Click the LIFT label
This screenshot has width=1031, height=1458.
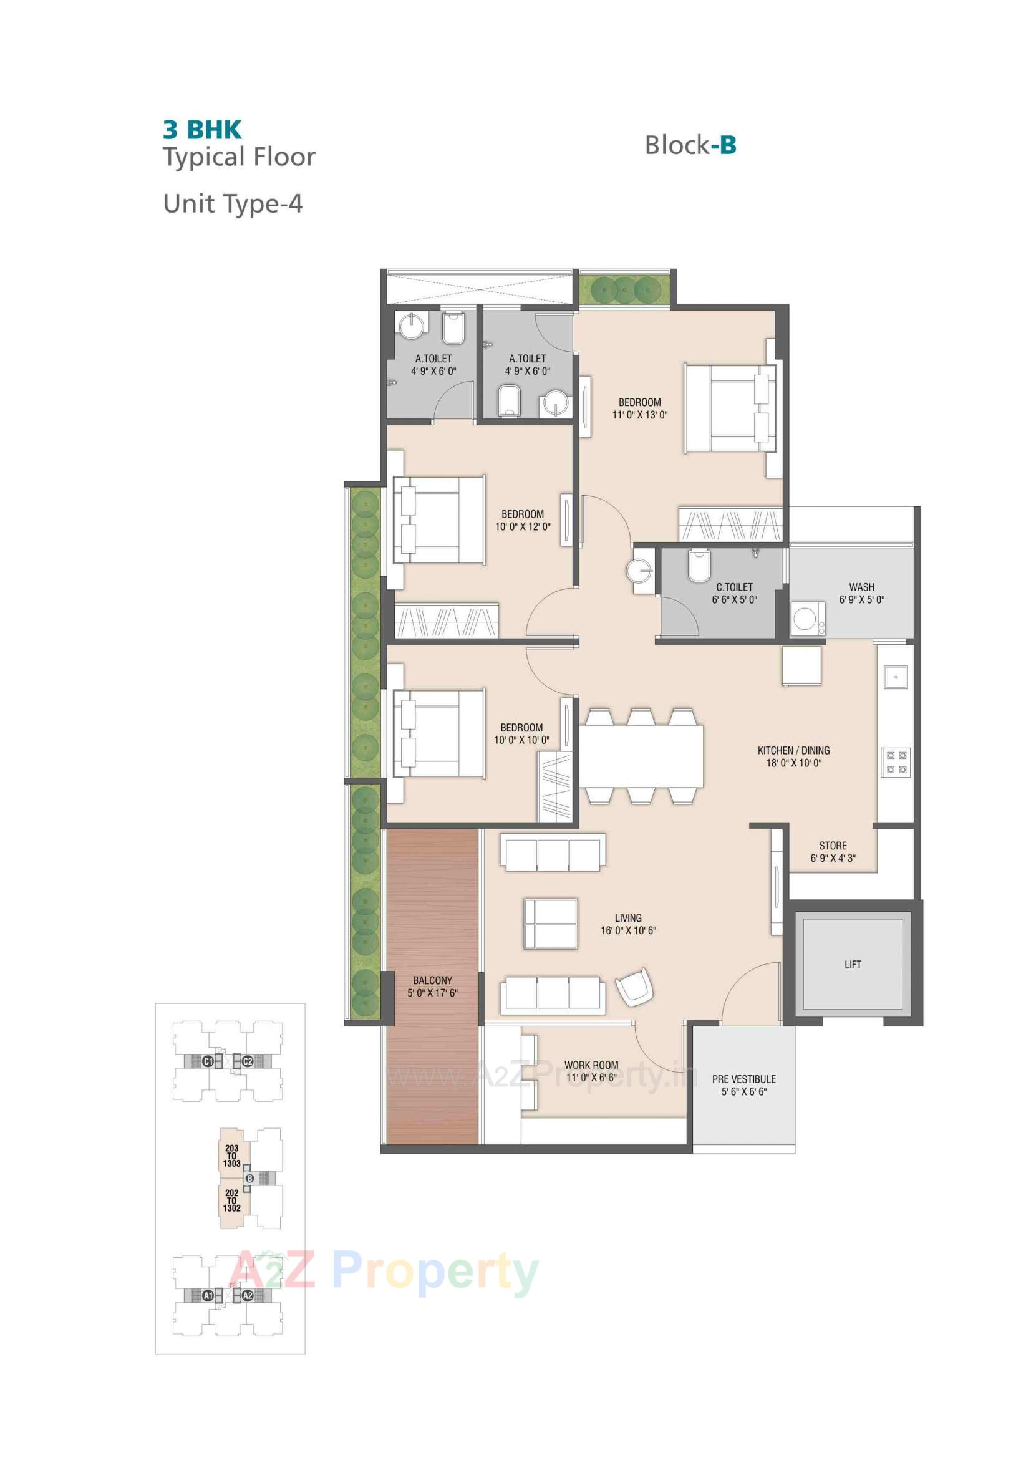[853, 965]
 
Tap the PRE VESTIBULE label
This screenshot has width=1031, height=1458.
[743, 1079]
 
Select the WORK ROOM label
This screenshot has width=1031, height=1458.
[591, 1065]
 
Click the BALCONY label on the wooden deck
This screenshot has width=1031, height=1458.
[432, 980]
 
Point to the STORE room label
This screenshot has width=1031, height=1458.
[832, 846]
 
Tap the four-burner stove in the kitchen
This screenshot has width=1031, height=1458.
[895, 762]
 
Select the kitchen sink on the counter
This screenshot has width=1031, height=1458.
[895, 677]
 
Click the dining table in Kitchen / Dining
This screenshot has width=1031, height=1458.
[641, 756]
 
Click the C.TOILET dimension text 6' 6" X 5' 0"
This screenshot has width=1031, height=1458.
[734, 599]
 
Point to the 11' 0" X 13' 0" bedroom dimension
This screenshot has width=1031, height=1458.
[640, 415]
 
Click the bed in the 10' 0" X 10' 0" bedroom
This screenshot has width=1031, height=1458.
[438, 733]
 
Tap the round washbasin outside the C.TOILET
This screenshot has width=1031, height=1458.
[639, 569]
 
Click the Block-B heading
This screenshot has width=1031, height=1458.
[690, 145]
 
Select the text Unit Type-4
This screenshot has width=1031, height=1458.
[233, 204]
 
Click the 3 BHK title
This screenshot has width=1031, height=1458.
[202, 130]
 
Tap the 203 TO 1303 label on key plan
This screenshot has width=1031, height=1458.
[232, 1156]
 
